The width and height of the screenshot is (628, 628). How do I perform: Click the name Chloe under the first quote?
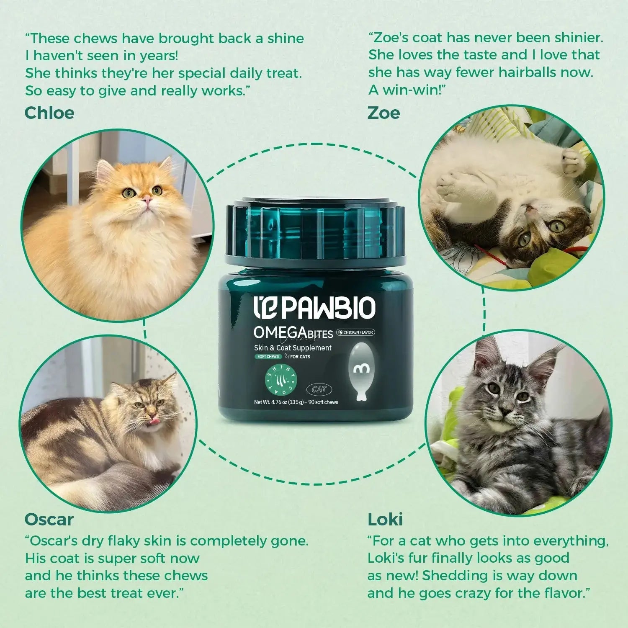(x=49, y=113)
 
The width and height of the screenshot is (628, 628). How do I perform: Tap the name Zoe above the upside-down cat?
(x=383, y=113)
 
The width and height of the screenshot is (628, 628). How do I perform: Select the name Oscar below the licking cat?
(x=49, y=520)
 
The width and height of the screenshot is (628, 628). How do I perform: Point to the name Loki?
(x=385, y=520)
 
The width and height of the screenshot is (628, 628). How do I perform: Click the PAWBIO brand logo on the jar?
(x=315, y=309)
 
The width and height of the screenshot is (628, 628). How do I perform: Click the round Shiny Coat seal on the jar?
(x=280, y=379)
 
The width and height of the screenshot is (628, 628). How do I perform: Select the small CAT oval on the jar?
(x=319, y=389)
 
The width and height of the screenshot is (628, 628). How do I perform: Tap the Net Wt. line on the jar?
(x=296, y=402)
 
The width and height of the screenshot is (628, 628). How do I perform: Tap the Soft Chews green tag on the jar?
(x=268, y=357)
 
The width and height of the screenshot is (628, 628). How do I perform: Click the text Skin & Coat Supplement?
(x=293, y=348)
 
